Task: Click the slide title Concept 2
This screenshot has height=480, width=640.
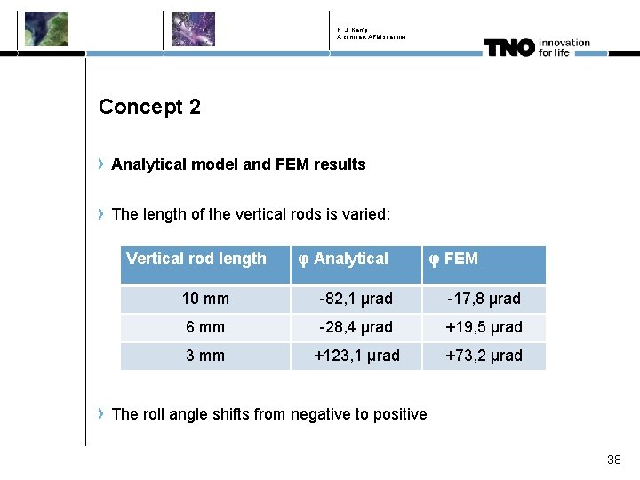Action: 149,107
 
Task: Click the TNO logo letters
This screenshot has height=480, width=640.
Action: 509,47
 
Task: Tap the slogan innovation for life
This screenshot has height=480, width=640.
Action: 564,47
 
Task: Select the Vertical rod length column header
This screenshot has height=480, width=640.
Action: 196,259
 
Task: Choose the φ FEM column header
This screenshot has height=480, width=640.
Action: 453,259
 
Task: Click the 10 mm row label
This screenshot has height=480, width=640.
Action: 205,299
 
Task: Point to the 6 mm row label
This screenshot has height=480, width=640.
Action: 205,327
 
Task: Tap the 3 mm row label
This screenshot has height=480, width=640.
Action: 205,356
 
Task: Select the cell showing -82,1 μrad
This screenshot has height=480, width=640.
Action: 356,299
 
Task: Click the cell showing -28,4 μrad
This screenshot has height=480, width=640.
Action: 356,327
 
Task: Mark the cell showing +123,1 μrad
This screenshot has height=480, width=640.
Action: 356,356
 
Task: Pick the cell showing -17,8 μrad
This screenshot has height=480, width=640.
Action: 484,299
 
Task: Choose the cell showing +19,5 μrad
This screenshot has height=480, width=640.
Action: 484,327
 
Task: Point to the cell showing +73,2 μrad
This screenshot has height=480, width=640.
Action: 484,356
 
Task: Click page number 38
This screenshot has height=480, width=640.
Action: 613,460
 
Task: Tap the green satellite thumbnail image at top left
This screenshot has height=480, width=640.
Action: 46,28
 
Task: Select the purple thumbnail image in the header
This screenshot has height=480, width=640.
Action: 193,28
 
